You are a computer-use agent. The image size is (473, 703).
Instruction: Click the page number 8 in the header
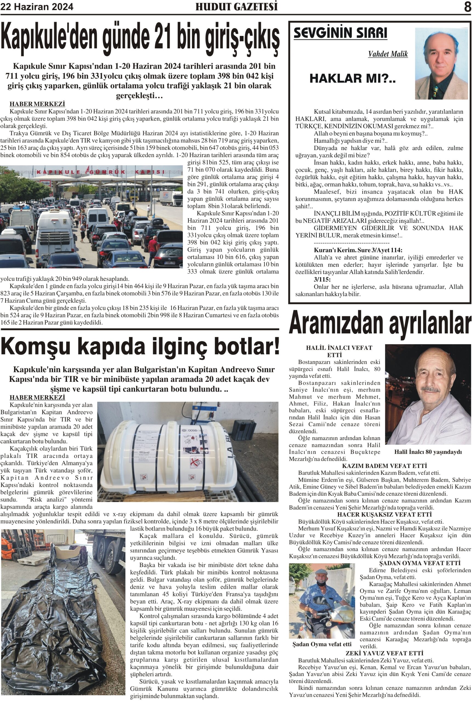[467, 7]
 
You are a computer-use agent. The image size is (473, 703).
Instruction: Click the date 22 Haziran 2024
[37, 7]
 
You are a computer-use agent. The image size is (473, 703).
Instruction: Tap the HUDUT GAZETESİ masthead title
[236, 7]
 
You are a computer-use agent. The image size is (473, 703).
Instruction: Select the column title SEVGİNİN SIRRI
[340, 33]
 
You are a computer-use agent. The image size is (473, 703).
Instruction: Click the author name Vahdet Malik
[388, 54]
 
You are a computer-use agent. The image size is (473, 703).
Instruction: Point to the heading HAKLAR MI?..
[352, 79]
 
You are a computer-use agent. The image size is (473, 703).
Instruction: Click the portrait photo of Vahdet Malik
[441, 64]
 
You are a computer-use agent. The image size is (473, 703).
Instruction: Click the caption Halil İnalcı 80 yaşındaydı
[428, 452]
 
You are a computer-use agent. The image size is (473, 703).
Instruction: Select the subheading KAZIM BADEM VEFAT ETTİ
[384, 466]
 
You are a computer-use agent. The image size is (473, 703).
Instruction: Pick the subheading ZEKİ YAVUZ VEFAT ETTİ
[384, 653]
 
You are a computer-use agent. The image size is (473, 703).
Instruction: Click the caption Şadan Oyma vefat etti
[322, 644]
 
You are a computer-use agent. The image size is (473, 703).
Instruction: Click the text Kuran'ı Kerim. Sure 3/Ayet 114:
[358, 250]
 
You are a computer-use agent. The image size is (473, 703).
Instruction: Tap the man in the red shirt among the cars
[153, 248]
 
